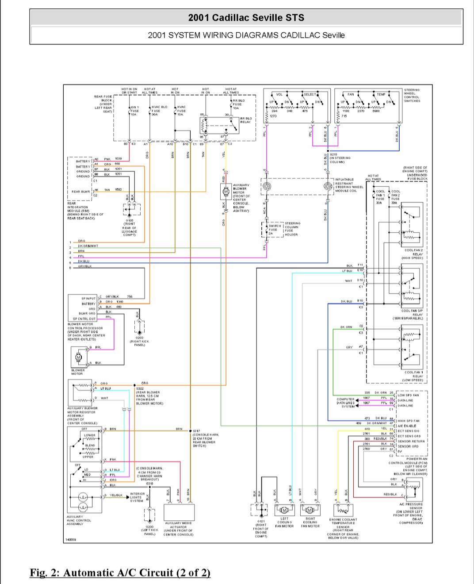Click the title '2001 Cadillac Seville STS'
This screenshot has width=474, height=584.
(x=246, y=18)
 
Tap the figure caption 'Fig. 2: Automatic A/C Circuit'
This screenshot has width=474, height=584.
(x=120, y=572)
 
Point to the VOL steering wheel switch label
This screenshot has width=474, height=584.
(x=279, y=94)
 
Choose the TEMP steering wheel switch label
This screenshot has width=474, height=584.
(x=381, y=94)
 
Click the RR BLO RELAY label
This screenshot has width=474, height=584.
(x=246, y=120)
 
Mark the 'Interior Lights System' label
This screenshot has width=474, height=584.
(x=138, y=497)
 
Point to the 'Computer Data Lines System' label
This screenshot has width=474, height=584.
(x=346, y=403)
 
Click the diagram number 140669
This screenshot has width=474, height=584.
(x=70, y=539)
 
